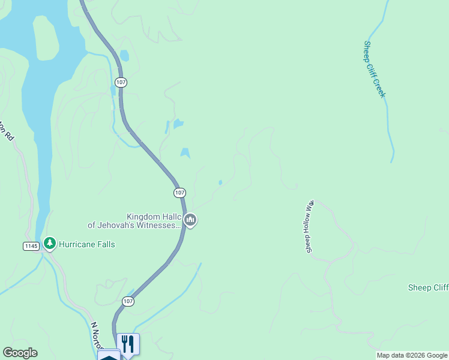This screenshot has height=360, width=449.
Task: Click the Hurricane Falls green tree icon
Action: tap(49, 244)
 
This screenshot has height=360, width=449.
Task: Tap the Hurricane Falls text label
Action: tap(86, 244)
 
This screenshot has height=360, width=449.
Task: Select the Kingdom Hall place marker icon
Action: tap(190, 221)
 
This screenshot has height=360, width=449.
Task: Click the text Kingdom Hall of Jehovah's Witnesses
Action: tap(135, 221)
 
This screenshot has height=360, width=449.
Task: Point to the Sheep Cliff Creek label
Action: tap(374, 69)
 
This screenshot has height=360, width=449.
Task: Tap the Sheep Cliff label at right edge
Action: tap(428, 287)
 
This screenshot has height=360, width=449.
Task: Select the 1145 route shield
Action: tap(32, 246)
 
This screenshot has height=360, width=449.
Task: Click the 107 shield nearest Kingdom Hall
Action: tap(179, 193)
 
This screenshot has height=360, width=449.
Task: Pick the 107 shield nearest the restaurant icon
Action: tap(127, 301)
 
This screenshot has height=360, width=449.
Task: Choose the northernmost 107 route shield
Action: tap(121, 82)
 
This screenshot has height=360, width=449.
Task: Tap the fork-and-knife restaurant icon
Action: tap(128, 343)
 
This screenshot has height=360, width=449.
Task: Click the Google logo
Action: tap(20, 353)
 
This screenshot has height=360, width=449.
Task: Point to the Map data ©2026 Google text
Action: tap(412, 355)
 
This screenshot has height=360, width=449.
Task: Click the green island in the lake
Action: tap(46, 38)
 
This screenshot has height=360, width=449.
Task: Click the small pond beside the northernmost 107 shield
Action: tap(124, 56)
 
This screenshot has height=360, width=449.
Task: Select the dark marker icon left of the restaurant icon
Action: tap(109, 355)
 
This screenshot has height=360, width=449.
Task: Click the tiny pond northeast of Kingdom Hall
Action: tap(220, 182)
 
